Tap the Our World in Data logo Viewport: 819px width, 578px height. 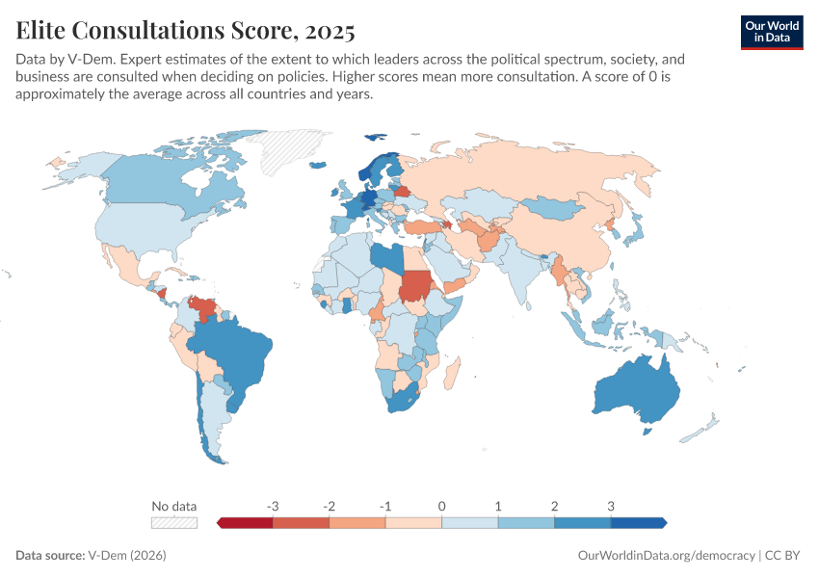click(772, 31)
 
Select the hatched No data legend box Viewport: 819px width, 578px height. click(174, 522)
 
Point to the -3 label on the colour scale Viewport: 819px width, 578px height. click(273, 506)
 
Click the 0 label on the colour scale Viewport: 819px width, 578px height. click(441, 506)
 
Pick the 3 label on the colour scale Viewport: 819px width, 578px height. click(610, 506)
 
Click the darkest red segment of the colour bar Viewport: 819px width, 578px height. click(246, 522)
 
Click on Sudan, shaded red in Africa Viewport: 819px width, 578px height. click(415, 285)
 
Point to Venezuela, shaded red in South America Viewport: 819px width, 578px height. click(202, 310)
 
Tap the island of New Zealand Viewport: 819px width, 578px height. click(707, 424)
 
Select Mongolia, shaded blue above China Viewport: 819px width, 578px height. click(559, 206)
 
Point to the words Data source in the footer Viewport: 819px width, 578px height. click(49, 556)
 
